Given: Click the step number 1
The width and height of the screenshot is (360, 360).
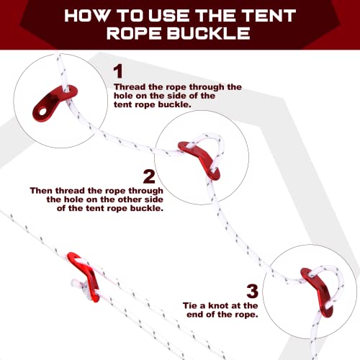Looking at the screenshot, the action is pyautogui.click(x=118, y=71).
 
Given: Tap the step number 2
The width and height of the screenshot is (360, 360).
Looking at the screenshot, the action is pyautogui.click(x=149, y=176).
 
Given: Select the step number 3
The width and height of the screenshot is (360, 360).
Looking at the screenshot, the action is pyautogui.click(x=252, y=291).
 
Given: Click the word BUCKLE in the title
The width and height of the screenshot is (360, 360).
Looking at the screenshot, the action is pyautogui.click(x=208, y=33).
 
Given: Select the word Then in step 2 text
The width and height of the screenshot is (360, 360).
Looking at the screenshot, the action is pyautogui.click(x=41, y=191).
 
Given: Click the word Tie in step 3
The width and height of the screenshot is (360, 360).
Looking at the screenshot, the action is pyautogui.click(x=191, y=305).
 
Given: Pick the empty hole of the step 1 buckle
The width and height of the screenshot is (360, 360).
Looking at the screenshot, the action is pyautogui.click(x=43, y=112).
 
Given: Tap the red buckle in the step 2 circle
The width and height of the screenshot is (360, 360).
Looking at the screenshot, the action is pyautogui.click(x=200, y=158).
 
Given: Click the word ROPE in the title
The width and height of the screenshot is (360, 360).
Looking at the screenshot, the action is pyautogui.click(x=134, y=33).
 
